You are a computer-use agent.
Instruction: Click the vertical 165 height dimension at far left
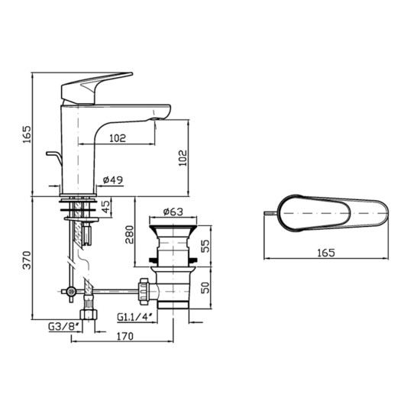pyautogui.click(x=26, y=134)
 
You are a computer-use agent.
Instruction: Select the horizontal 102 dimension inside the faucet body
pyautogui.click(x=117, y=138)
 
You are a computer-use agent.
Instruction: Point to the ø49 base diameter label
pyautogui.click(x=113, y=181)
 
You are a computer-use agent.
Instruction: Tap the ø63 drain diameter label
pyautogui.click(x=174, y=212)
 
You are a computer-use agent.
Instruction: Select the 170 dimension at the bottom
pyautogui.click(x=125, y=336)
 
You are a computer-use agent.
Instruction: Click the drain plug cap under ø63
pyautogui.click(x=175, y=227)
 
